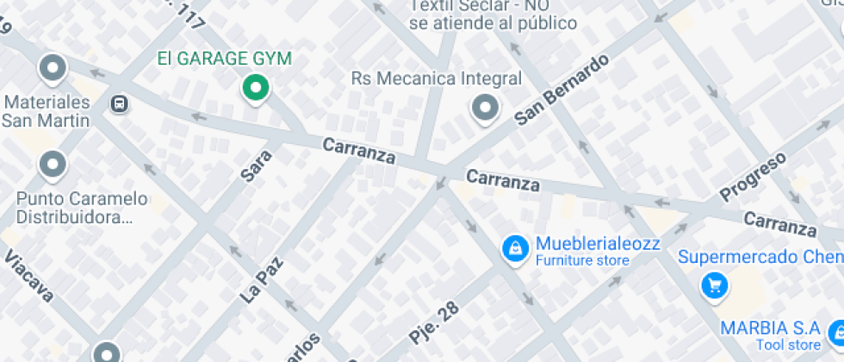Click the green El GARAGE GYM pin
click(255, 87)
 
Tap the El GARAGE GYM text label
click(224, 59)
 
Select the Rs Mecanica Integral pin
click(485, 109)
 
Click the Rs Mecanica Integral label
click(437, 79)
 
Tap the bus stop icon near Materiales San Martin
click(119, 104)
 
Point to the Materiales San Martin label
click(47, 111)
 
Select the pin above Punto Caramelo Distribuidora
click(53, 163)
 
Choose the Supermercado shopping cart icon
click(714, 285)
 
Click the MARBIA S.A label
click(770, 328)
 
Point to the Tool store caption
click(787, 345)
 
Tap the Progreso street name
click(754, 176)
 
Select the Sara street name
click(257, 165)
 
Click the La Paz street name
click(262, 277)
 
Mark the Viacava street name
click(29, 278)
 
